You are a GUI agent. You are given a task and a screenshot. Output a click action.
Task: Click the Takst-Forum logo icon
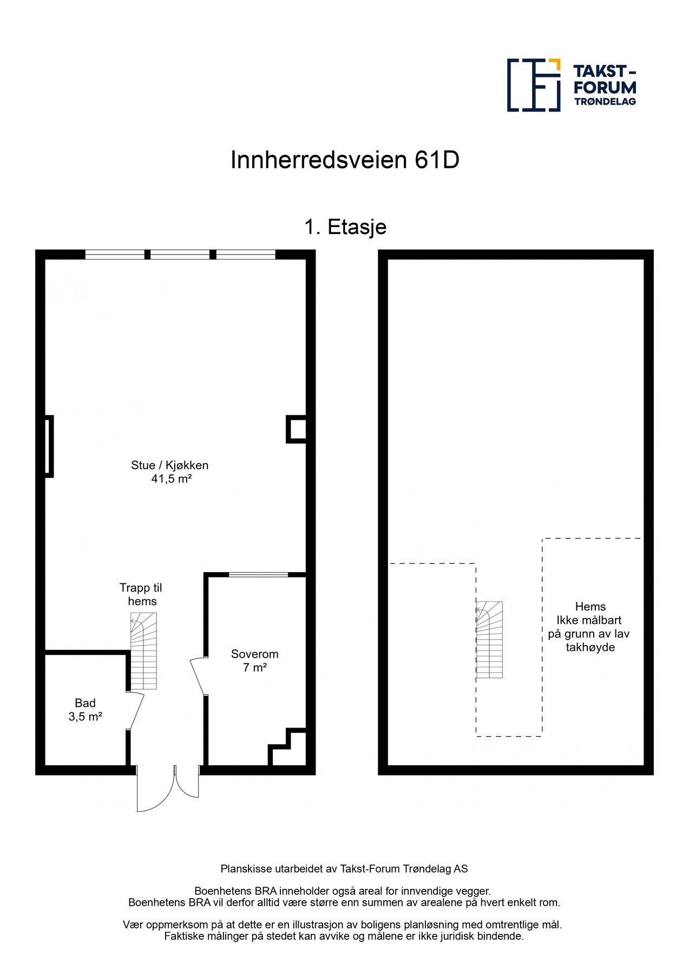pos(533,85)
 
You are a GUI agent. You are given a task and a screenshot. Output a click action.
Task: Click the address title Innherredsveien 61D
pos(345,160)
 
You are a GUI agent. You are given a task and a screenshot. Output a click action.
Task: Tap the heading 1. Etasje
pos(345,227)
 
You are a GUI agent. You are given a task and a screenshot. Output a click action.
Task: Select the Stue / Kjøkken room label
pos(169,465)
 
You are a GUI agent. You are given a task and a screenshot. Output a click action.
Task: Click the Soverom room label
pos(254,654)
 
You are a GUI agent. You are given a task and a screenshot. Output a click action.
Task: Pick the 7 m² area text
pos(254,667)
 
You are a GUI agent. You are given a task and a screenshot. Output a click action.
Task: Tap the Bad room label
pos(85,703)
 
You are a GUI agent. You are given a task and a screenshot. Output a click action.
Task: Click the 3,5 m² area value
pos(86,717)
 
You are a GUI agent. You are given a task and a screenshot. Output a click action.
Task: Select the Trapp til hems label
pos(141,594)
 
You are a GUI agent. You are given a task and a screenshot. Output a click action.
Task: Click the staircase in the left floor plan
pos(143,651)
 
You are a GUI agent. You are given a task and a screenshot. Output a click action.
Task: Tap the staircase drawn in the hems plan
pos(489,640)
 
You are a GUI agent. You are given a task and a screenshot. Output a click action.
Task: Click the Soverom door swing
pos(198,676)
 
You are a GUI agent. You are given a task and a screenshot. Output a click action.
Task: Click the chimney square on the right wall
pos(296,429)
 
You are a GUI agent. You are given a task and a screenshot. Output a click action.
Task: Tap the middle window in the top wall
pos(180,255)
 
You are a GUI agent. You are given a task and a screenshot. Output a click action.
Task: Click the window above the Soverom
pos(258,574)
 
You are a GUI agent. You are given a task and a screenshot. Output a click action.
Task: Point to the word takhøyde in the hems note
pos(590,647)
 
